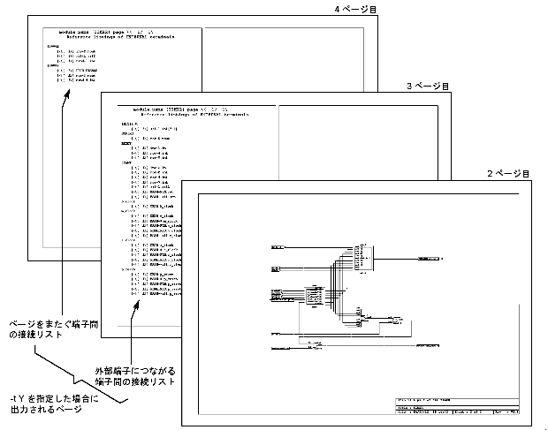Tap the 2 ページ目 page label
click(508, 173)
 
